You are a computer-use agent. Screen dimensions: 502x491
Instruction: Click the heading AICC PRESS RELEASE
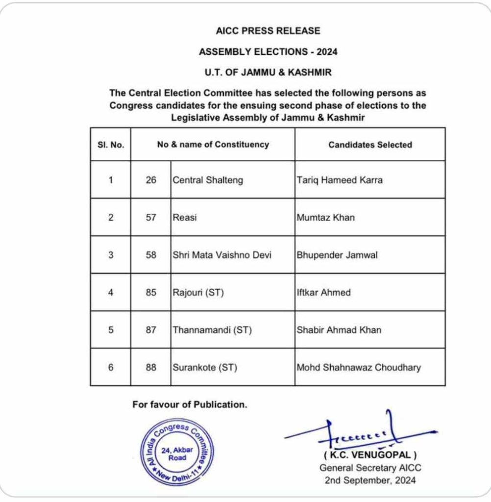(x=268, y=31)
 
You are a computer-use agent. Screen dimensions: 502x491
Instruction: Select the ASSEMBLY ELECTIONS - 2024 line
(x=268, y=51)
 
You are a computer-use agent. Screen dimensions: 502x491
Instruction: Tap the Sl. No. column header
(x=111, y=145)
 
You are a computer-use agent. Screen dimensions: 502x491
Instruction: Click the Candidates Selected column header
(x=370, y=145)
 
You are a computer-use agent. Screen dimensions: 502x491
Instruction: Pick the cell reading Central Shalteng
(x=208, y=180)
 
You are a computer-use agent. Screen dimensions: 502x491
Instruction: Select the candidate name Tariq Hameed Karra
(x=340, y=180)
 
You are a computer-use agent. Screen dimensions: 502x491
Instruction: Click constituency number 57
(x=151, y=218)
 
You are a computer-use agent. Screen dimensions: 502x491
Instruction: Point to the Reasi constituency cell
(x=185, y=218)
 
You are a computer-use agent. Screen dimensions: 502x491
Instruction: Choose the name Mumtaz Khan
(x=325, y=218)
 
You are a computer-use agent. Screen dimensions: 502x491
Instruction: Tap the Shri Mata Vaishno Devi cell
(x=222, y=255)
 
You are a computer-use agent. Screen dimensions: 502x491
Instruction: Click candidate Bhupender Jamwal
(x=337, y=255)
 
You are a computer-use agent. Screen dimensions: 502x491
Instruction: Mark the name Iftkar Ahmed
(x=323, y=293)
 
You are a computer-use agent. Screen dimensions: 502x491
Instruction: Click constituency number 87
(x=151, y=330)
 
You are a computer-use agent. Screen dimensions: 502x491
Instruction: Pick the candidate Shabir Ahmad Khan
(x=339, y=330)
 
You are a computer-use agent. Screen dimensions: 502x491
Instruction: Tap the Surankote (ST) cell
(x=205, y=367)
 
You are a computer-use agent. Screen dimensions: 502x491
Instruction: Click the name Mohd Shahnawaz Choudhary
(x=359, y=367)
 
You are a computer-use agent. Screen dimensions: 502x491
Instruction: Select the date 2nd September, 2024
(x=370, y=480)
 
